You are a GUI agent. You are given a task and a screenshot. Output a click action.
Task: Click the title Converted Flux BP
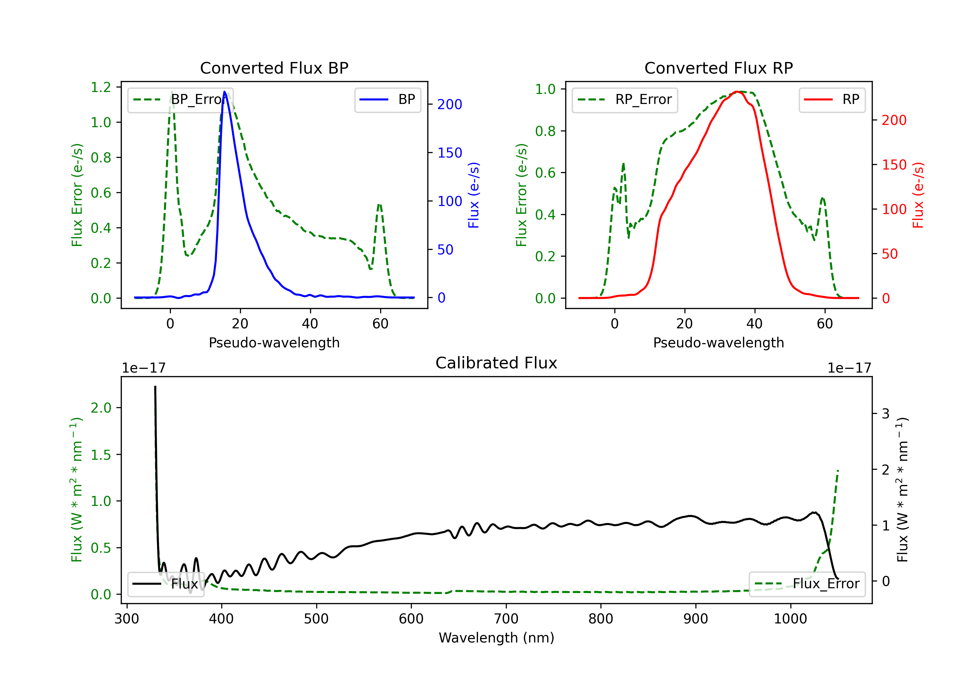(274, 68)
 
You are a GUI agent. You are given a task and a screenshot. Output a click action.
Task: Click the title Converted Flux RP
(718, 68)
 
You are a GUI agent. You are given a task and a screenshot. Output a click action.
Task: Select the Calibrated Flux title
(496, 363)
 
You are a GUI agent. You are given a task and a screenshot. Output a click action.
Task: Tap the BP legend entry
(388, 99)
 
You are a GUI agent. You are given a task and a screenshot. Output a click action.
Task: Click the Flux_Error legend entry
(807, 584)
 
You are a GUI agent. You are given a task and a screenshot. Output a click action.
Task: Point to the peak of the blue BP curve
(224, 92)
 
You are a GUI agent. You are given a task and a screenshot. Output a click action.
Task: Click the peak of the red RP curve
(736, 92)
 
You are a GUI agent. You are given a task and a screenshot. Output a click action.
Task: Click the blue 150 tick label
(450, 153)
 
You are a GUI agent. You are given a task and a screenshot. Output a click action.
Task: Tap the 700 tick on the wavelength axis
(506, 619)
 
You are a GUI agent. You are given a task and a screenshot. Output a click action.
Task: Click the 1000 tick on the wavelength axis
(790, 619)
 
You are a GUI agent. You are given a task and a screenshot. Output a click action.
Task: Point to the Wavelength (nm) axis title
(496, 638)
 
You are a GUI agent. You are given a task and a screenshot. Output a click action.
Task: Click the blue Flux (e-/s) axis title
(474, 195)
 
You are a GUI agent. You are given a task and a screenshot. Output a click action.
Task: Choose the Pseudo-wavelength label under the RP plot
(718, 343)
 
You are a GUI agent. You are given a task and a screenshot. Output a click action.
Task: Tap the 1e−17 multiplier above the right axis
(849, 368)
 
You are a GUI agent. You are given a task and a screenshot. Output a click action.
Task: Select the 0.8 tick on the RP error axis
(545, 131)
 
